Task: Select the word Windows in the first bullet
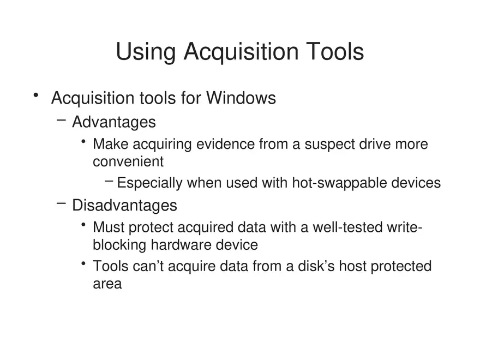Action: [241, 98]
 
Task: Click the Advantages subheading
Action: [114, 122]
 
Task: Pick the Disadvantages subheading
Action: [124, 205]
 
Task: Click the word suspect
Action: [329, 145]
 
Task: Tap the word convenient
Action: [128, 162]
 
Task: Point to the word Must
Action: [109, 227]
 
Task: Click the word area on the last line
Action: [107, 284]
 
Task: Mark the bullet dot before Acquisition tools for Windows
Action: [36, 96]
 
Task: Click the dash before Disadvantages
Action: [61, 203]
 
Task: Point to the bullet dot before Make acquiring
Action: [83, 143]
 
